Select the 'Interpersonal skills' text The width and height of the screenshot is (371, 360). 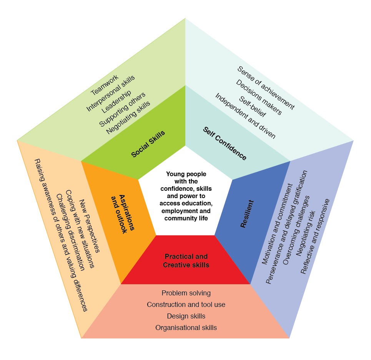point(111,93)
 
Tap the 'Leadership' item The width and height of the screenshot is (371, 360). point(116,102)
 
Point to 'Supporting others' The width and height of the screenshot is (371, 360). point(122,110)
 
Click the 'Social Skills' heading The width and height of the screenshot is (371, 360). point(148,144)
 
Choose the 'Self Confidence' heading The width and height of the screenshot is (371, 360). point(225,143)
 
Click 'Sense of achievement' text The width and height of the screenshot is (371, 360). point(266,88)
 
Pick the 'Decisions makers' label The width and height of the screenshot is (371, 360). point(259,97)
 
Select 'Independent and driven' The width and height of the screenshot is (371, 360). point(245,116)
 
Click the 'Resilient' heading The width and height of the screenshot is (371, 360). point(247,213)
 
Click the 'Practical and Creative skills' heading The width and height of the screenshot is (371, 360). point(186,260)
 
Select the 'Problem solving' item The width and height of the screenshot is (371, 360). point(186,293)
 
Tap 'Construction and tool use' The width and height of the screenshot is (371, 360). point(186,305)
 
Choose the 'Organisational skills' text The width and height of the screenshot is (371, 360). point(186,328)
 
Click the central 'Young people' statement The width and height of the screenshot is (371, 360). point(186,196)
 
